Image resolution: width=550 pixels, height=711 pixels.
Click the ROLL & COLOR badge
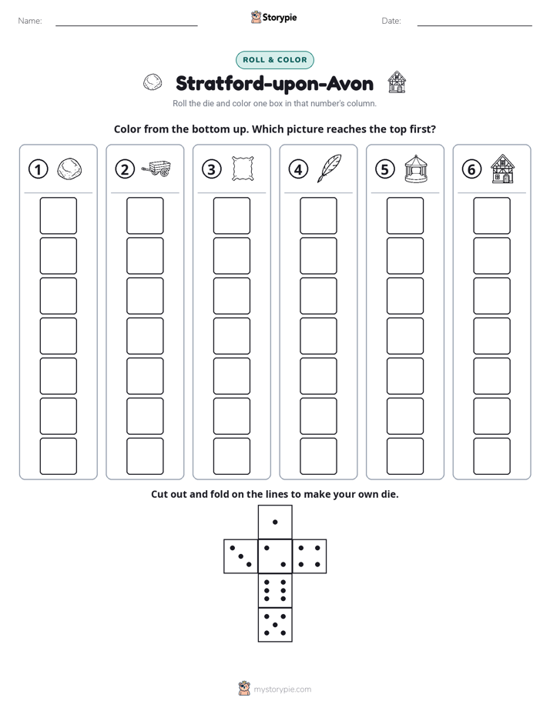(x=274, y=60)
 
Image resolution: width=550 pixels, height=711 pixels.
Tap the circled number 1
(x=38, y=169)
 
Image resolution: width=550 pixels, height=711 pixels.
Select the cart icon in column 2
(x=156, y=169)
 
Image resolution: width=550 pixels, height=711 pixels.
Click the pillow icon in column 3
(x=243, y=169)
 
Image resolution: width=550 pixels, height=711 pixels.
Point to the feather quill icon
(x=329, y=169)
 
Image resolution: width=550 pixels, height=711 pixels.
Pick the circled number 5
(x=385, y=169)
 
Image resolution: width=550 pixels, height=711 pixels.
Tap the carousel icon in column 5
(x=416, y=169)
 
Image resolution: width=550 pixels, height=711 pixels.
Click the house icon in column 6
(x=503, y=169)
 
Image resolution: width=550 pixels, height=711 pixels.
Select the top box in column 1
(x=58, y=215)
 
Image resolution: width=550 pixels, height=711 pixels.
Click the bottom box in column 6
(x=492, y=456)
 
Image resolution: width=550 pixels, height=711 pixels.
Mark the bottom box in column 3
(x=231, y=456)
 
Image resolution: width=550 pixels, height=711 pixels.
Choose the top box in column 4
(x=318, y=215)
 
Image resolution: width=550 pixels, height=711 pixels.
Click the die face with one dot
(x=275, y=522)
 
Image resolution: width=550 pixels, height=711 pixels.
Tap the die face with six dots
(x=275, y=590)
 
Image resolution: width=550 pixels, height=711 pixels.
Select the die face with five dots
(x=275, y=625)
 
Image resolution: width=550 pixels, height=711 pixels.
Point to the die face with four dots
(x=310, y=556)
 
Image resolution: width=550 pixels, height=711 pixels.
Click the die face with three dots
(x=241, y=556)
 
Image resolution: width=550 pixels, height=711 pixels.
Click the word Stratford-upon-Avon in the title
(x=274, y=83)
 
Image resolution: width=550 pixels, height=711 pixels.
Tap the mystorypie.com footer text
(x=282, y=689)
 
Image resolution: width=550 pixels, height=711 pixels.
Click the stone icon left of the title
(x=153, y=82)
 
